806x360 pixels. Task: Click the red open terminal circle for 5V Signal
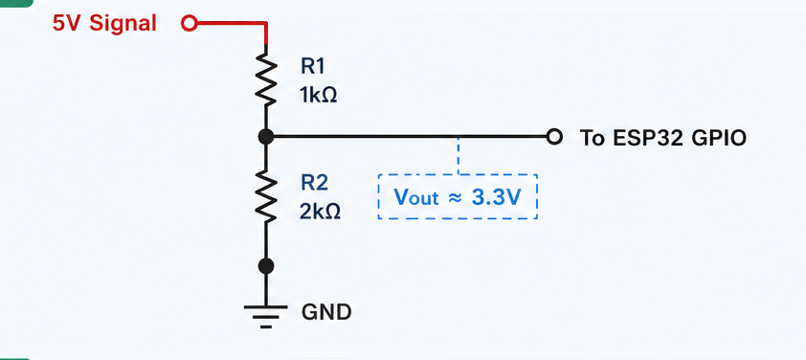click(x=190, y=23)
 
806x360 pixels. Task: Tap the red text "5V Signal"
click(x=105, y=23)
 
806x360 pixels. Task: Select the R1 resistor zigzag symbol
click(x=266, y=75)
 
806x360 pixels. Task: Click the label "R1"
click(x=313, y=66)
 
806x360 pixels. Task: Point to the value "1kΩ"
click(x=319, y=95)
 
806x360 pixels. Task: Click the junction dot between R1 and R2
click(x=266, y=137)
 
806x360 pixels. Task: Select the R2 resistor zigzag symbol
click(x=266, y=195)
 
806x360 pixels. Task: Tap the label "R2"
click(x=314, y=183)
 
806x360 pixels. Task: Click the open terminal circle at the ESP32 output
click(x=554, y=137)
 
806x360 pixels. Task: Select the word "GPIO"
click(x=719, y=138)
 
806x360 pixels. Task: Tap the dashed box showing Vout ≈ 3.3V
click(x=458, y=175)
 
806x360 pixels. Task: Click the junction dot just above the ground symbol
click(x=266, y=266)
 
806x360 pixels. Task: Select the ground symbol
click(x=266, y=316)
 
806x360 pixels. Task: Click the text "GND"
click(x=326, y=312)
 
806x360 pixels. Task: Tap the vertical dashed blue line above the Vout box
click(x=459, y=155)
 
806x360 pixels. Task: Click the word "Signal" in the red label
click(x=123, y=24)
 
